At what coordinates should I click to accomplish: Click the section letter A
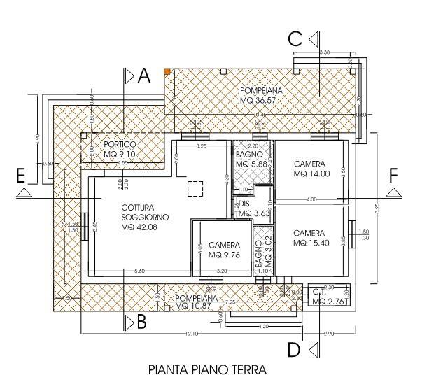pos(144,76)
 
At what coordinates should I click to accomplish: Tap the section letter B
pos(142,323)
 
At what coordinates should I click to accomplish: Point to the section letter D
pos(295,348)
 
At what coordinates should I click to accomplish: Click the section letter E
pos(22,175)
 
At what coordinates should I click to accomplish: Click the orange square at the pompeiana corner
pos(167,71)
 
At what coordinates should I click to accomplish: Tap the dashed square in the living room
pos(195,188)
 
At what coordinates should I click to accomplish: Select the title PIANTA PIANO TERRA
pos(207,368)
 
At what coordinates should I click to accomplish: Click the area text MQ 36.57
pos(257,101)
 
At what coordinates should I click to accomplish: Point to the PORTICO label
pos(120,145)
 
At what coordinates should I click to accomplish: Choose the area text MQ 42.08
pos(139,227)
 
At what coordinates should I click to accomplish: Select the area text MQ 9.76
pos(224,255)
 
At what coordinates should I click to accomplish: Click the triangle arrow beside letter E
pos(23,192)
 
